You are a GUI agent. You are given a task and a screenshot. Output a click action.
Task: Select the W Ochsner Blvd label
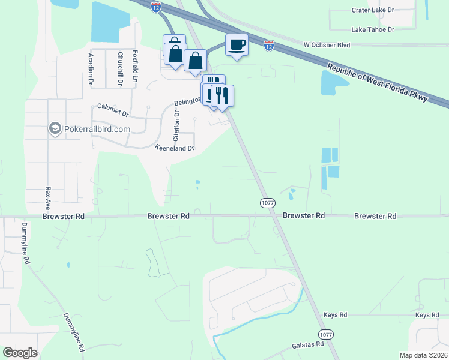[327, 45]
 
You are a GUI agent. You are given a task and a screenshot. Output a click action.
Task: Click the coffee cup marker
[237, 44]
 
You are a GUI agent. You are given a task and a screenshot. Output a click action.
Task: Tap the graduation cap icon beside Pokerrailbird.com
[55, 128]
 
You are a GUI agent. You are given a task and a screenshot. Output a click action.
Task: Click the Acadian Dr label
[91, 67]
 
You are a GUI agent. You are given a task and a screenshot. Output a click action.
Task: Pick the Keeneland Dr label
[175, 148]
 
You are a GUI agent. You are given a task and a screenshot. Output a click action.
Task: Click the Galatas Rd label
[308, 344]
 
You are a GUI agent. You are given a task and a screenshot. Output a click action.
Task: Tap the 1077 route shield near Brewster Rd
[268, 203]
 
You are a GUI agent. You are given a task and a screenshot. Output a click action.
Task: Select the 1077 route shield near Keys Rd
[325, 334]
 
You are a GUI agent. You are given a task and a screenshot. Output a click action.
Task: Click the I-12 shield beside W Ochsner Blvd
[268, 45]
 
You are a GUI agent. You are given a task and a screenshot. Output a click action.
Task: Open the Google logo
[20, 353]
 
